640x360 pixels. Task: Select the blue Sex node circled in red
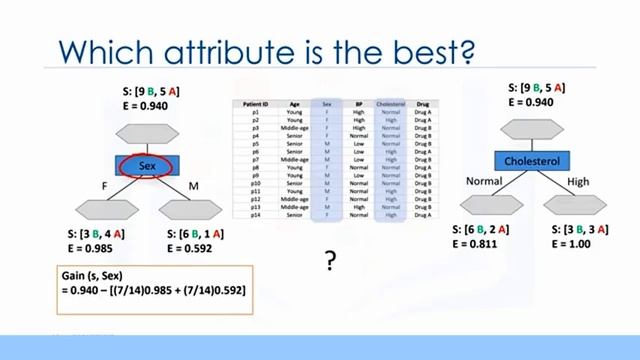click(148, 166)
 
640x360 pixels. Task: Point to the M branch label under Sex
click(193, 185)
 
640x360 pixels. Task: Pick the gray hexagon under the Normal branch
click(490, 205)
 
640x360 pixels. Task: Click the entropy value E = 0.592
click(192, 251)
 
